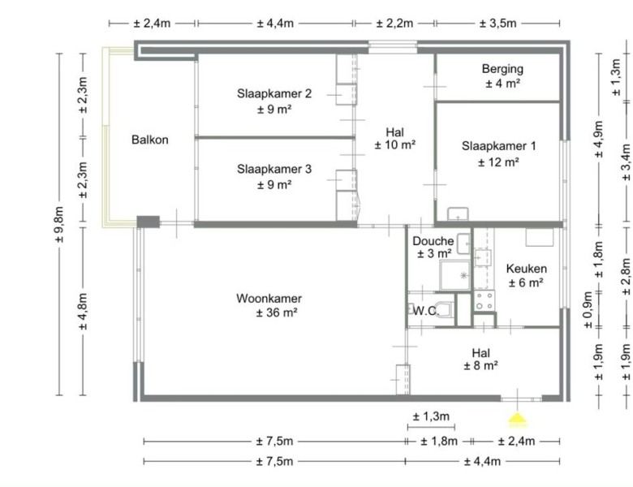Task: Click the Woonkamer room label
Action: click(269, 299)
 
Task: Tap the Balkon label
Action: click(150, 140)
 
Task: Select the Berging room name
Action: click(502, 69)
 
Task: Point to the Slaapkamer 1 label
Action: click(498, 146)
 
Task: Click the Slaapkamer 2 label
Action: click(274, 93)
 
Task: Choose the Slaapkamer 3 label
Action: click(274, 169)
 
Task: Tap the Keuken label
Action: click(527, 269)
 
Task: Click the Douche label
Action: click(433, 241)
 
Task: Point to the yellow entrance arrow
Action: click(517, 419)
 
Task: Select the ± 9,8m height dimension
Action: click(59, 225)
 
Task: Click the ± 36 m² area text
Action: click(277, 312)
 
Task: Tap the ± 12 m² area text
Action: click(498, 162)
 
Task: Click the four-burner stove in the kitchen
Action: click(484, 301)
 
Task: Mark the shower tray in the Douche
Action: click(455, 275)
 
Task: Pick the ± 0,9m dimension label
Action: click(588, 310)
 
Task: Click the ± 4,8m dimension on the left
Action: click(83, 312)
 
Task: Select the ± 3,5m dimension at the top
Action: click(497, 24)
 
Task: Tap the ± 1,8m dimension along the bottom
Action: click(439, 441)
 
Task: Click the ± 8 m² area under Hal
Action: click(480, 366)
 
